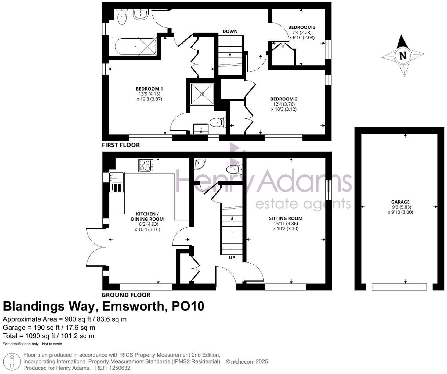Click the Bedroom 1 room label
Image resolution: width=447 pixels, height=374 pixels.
[x=149, y=89]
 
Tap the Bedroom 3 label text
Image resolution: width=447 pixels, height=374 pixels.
[x=302, y=27]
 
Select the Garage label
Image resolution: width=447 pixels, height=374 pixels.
[x=400, y=202]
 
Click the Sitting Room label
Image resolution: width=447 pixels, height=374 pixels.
[x=286, y=218]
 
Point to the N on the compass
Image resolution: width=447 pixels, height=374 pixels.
[x=403, y=56]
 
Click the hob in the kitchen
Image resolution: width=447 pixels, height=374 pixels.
[x=146, y=166]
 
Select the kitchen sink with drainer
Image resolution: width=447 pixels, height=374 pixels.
[x=117, y=183]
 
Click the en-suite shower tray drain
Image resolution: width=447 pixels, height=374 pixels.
[x=202, y=94]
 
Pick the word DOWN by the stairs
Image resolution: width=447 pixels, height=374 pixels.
[x=230, y=31]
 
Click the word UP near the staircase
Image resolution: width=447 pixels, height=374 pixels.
[x=232, y=258]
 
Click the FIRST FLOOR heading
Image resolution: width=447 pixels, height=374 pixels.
[x=121, y=145]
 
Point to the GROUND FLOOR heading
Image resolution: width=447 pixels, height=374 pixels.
[x=126, y=295]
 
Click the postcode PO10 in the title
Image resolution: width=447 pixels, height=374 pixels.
[x=188, y=306]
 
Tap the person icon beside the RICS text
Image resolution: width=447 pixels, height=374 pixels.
[x=12, y=362]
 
